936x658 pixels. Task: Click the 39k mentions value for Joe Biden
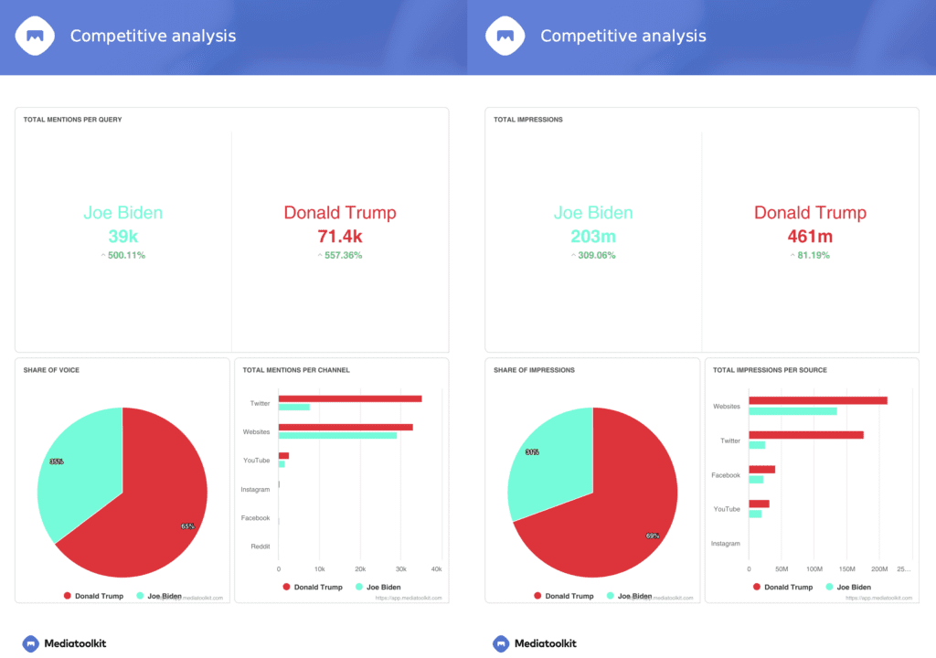click(122, 236)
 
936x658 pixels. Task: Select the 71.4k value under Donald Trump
click(339, 236)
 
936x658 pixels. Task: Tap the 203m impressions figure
click(592, 236)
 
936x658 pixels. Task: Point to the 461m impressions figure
click(810, 236)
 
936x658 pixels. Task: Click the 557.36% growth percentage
click(343, 255)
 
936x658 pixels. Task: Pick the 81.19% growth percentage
click(813, 255)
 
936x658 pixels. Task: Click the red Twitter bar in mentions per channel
click(349, 398)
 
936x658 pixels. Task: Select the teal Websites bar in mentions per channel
click(337, 435)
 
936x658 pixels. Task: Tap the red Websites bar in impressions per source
click(817, 400)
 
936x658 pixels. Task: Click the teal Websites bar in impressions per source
click(792, 411)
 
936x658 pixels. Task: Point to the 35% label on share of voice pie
click(57, 462)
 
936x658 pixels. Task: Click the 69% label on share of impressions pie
click(653, 536)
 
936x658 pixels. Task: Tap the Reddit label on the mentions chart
click(260, 547)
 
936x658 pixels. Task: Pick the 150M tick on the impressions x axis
click(846, 568)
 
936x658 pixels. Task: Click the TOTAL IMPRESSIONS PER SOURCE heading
click(770, 370)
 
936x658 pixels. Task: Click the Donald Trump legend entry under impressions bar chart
click(782, 587)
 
